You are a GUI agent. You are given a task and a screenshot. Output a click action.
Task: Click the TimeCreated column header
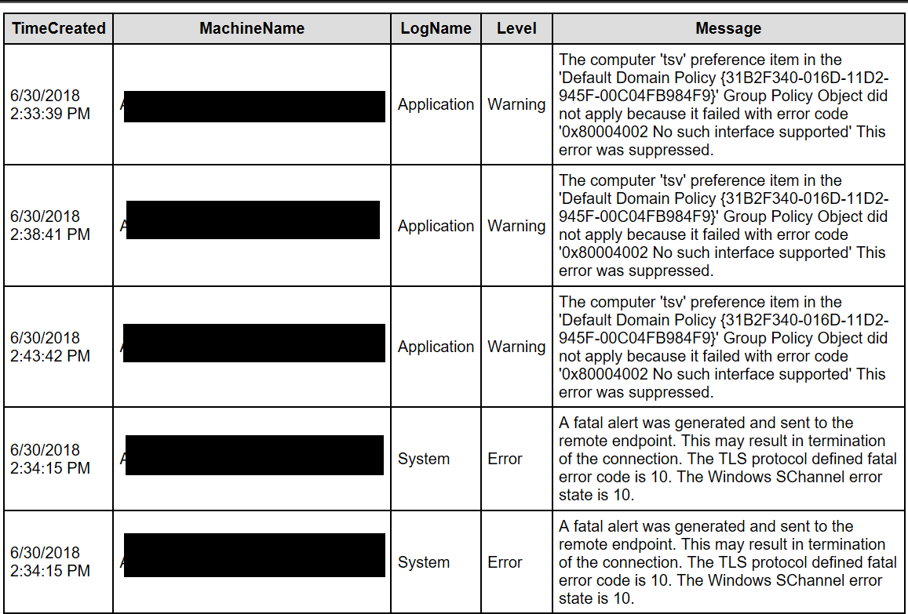pyautogui.click(x=59, y=29)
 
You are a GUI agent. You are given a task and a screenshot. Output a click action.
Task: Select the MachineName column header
pyautogui.click(x=252, y=29)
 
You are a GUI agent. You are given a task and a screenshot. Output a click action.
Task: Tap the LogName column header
pyautogui.click(x=436, y=29)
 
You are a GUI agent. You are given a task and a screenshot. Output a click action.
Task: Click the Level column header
pyautogui.click(x=516, y=29)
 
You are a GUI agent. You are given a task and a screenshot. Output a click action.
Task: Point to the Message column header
pyautogui.click(x=728, y=29)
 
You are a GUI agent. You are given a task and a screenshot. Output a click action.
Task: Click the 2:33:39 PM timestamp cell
pyautogui.click(x=50, y=104)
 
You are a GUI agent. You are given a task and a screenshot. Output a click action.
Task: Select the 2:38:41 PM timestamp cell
pyautogui.click(x=50, y=225)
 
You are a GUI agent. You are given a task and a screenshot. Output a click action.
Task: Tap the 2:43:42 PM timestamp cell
pyautogui.click(x=50, y=347)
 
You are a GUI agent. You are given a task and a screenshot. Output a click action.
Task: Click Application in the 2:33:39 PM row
pyautogui.click(x=436, y=104)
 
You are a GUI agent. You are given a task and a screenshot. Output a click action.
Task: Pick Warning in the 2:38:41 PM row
pyautogui.click(x=516, y=226)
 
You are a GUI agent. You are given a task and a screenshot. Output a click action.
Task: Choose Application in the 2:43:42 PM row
pyautogui.click(x=436, y=347)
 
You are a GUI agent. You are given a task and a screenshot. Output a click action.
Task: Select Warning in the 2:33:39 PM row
pyautogui.click(x=516, y=104)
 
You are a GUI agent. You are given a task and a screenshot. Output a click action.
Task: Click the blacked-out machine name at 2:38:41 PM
pyautogui.click(x=253, y=220)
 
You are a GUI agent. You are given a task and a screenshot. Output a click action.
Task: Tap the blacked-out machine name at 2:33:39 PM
pyautogui.click(x=254, y=107)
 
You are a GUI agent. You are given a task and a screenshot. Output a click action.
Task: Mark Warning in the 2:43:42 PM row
pyautogui.click(x=516, y=347)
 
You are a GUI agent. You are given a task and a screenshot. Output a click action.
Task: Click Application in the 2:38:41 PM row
pyautogui.click(x=436, y=226)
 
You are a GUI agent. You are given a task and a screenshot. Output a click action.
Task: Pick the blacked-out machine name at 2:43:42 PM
pyautogui.click(x=254, y=343)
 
